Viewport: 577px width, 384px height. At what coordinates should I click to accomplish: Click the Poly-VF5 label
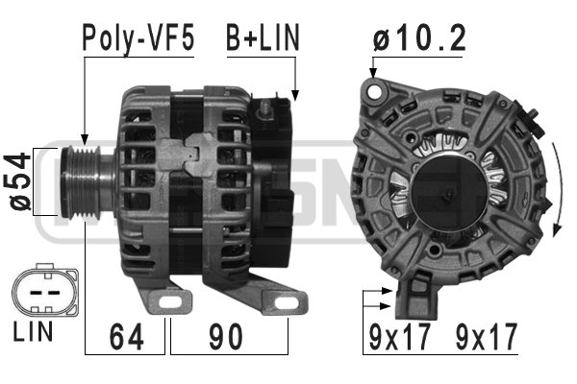(x=138, y=37)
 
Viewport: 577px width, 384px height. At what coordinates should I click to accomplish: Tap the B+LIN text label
(x=263, y=37)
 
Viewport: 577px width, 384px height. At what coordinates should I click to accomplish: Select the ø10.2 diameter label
(x=419, y=37)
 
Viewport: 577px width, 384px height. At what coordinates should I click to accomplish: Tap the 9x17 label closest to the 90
(x=396, y=337)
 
